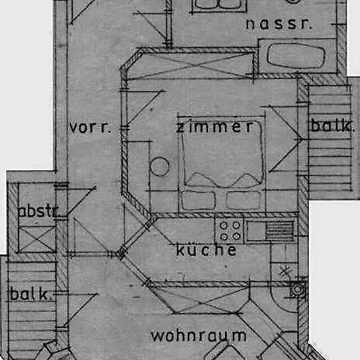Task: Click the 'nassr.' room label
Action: tap(278, 24)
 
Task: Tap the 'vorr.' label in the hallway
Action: tap(90, 127)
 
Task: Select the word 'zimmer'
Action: tap(214, 126)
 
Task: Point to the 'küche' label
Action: tap(206, 250)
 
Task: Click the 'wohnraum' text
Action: tap(198, 335)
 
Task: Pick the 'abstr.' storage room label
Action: tap(38, 211)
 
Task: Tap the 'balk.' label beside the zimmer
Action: tap(332, 126)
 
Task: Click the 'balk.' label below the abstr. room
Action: tap(30, 294)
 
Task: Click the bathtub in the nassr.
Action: tap(296, 56)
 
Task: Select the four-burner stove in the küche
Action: tap(230, 230)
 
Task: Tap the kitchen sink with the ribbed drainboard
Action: tap(270, 230)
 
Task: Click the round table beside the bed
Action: tap(159, 166)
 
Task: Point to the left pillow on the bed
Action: tap(198, 200)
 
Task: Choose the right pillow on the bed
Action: tap(243, 200)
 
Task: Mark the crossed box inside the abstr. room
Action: tap(37, 239)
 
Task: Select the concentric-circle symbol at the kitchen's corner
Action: tap(298, 290)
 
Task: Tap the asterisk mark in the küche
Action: tap(285, 272)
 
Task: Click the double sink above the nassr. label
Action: tap(218, 5)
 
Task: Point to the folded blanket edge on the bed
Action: tap(223, 180)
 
